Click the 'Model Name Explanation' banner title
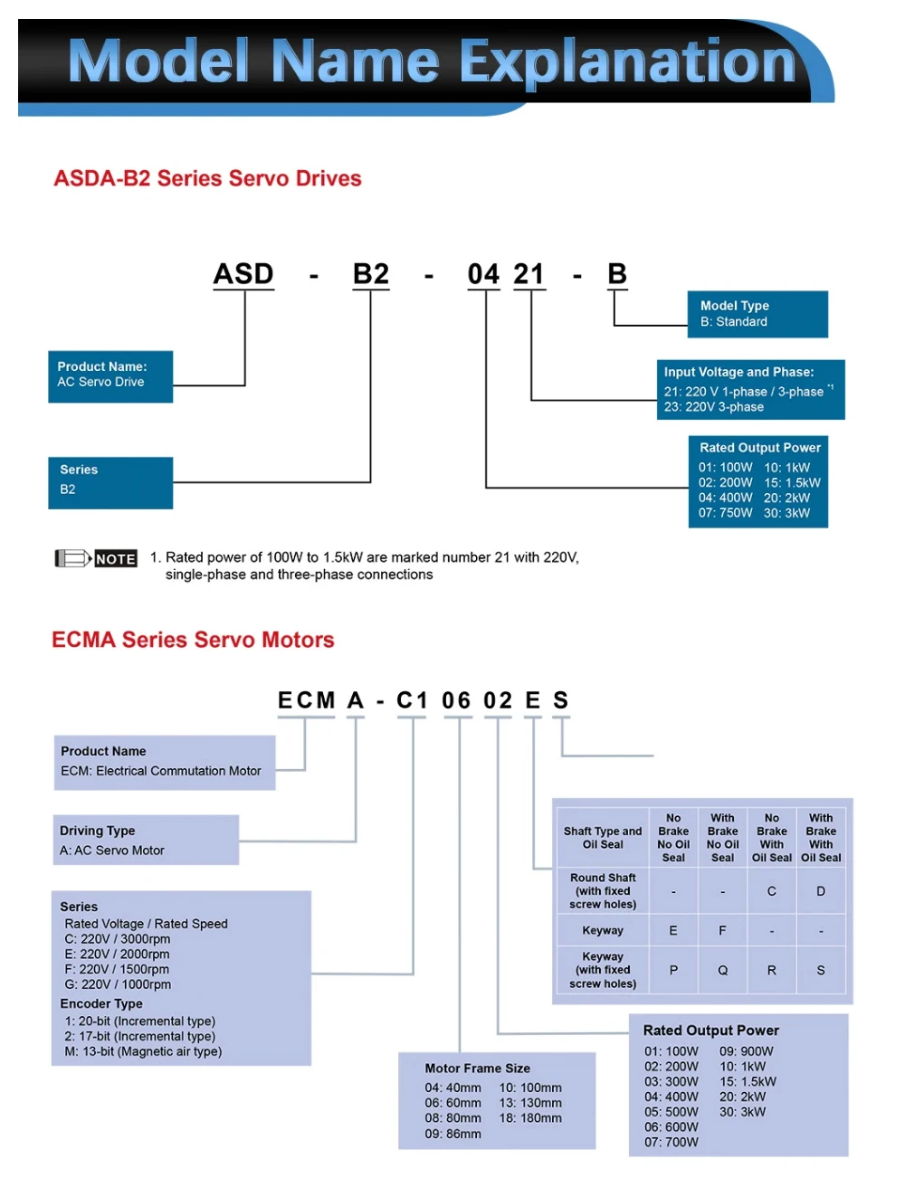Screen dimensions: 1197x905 pyautogui.click(x=432, y=62)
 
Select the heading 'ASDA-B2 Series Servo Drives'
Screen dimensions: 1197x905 pyautogui.click(x=207, y=178)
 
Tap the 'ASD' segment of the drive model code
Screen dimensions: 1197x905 pyautogui.click(x=243, y=273)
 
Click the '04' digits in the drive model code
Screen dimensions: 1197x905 pyautogui.click(x=483, y=273)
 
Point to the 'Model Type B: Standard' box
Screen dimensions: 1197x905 pyautogui.click(x=757, y=314)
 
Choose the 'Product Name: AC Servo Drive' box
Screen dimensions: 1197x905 pyautogui.click(x=110, y=375)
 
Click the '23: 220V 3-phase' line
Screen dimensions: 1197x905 pyautogui.click(x=713, y=407)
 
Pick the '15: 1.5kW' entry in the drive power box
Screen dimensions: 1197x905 pyautogui.click(x=792, y=483)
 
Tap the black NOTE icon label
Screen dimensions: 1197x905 pyautogui.click(x=116, y=559)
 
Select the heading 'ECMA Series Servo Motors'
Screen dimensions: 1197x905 pyautogui.click(x=193, y=640)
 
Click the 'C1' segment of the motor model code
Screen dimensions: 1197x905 pyautogui.click(x=412, y=700)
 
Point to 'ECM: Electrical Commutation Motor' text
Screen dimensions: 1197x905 pyautogui.click(x=160, y=771)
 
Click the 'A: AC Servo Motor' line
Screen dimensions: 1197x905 pyautogui.click(x=112, y=850)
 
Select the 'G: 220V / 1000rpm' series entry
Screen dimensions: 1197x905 pyautogui.click(x=118, y=984)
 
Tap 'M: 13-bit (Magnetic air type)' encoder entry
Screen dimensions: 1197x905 pyautogui.click(x=143, y=1051)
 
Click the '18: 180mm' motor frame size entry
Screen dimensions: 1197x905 pyautogui.click(x=530, y=1118)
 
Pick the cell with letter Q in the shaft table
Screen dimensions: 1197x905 pyautogui.click(x=722, y=970)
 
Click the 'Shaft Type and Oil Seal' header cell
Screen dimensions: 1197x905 pyautogui.click(x=603, y=838)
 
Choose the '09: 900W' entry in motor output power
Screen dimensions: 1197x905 pyautogui.click(x=747, y=1051)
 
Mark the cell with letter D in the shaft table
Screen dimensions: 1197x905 pyautogui.click(x=821, y=891)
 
